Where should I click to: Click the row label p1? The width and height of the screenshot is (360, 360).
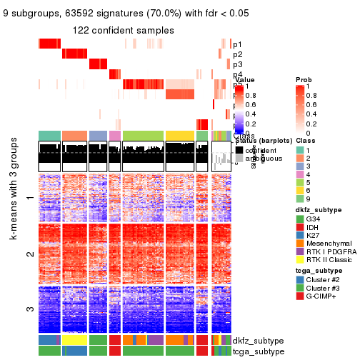[237, 44]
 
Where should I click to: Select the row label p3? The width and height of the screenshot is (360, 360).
[237, 65]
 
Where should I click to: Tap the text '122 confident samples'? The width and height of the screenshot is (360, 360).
[124, 30]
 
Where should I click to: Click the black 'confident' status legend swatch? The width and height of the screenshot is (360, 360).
[240, 151]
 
